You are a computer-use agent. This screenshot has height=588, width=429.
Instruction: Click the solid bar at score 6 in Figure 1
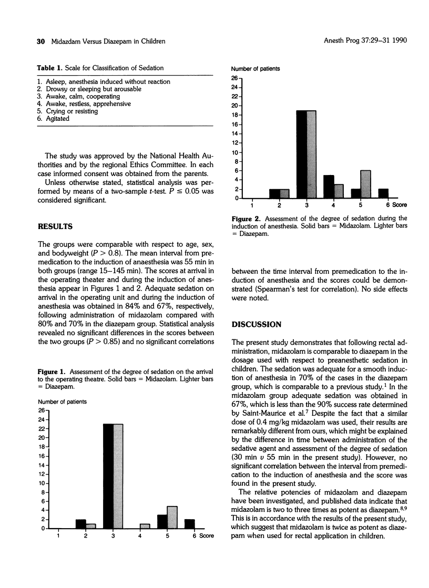click(x=190, y=524)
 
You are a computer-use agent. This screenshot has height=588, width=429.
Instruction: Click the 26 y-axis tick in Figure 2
click(x=237, y=78)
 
